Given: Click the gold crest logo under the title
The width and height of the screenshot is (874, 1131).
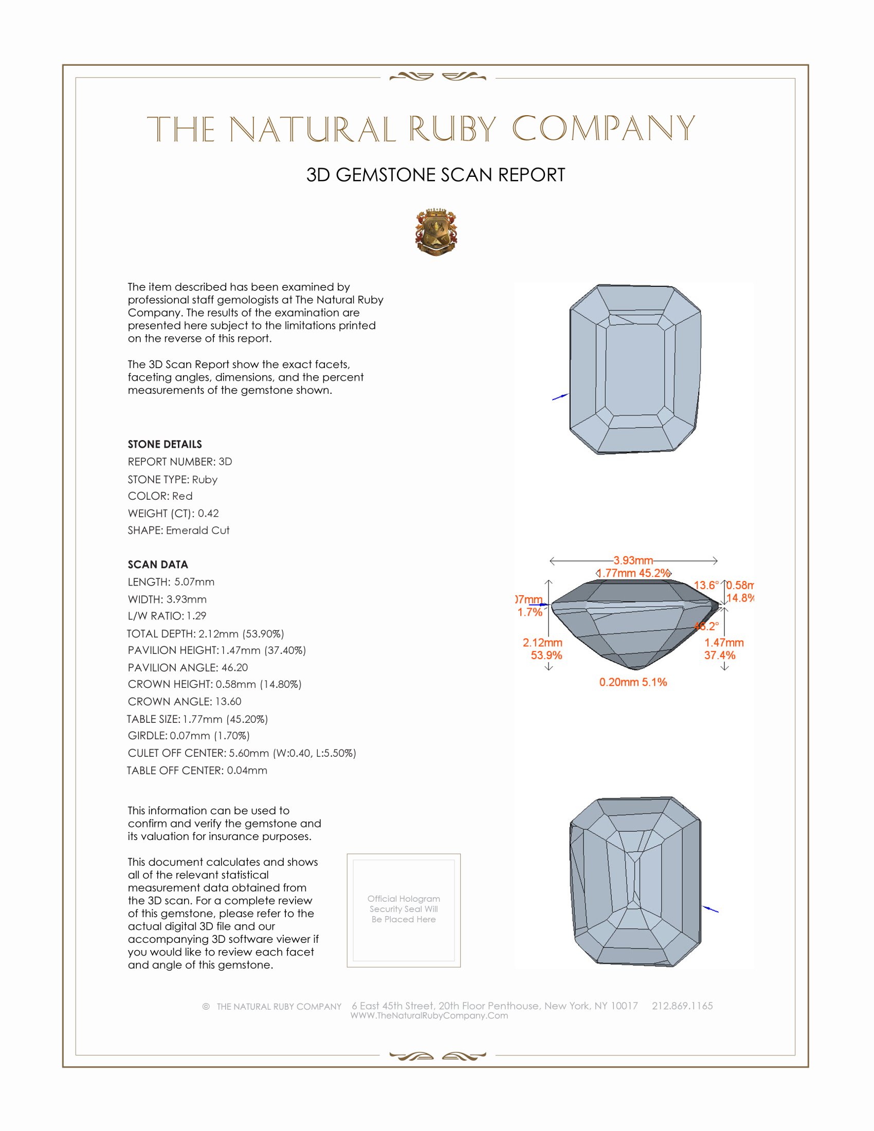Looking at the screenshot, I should (x=436, y=232).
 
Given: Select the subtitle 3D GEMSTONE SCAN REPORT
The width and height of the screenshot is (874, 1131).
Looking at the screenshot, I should (x=435, y=175).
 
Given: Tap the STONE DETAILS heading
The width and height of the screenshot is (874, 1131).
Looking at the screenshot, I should (x=165, y=444).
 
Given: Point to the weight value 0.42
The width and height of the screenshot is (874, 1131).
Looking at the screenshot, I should (x=208, y=513).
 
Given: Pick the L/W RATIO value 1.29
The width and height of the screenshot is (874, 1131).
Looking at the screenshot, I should (x=196, y=616).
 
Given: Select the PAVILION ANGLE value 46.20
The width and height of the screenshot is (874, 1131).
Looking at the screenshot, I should (x=234, y=667).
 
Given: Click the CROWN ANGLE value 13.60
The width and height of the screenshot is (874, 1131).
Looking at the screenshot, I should (x=228, y=702).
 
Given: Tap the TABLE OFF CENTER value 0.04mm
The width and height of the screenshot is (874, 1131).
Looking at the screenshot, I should (x=247, y=771).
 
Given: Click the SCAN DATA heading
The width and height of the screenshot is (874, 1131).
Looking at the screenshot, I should (x=158, y=564).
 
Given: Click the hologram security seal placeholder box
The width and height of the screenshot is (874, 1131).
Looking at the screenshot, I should (x=404, y=910).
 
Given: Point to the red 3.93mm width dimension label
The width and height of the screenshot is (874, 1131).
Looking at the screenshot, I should (x=633, y=560).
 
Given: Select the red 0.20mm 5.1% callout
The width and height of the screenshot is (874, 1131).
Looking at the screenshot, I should (x=633, y=683).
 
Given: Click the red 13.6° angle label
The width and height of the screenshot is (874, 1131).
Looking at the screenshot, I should (x=706, y=586).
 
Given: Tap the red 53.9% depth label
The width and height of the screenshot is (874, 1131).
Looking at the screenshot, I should (x=546, y=655).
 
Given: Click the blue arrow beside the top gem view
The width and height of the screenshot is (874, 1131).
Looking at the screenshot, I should (x=560, y=397).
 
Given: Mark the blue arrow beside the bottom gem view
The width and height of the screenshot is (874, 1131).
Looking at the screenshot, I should (x=711, y=909).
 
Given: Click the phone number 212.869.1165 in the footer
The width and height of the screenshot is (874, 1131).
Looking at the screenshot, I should (x=682, y=1006).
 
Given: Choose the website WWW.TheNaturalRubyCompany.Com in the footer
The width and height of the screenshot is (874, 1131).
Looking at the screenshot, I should (x=429, y=1016).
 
